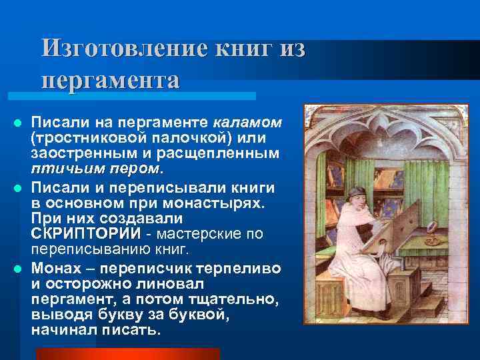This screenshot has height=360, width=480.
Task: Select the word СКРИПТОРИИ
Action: coord(86,234)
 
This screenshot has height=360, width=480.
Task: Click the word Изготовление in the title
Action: coord(123,49)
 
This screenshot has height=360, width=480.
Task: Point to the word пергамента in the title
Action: coord(110,80)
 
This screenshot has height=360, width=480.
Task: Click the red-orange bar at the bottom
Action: coord(127,353)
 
